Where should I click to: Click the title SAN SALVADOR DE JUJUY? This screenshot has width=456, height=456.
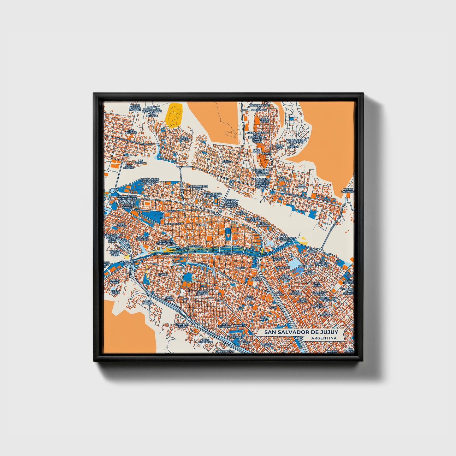[x=301, y=332]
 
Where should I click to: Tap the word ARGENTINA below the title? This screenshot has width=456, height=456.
[x=323, y=338]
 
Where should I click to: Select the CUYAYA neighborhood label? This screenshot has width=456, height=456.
[x=163, y=275]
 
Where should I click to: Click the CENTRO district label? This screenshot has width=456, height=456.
[x=201, y=225]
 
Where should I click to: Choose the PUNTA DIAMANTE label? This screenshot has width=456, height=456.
[x=263, y=224]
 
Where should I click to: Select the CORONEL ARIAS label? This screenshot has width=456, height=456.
[x=266, y=345]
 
